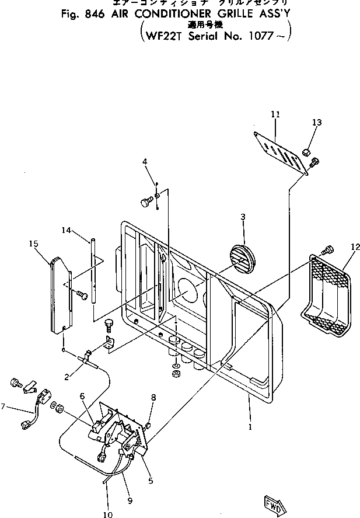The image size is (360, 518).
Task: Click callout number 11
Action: pos(275,116)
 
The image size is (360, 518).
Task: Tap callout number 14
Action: pos(66,231)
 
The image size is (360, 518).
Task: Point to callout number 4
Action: pos(145,161)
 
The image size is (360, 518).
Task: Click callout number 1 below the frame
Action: pos(250,427)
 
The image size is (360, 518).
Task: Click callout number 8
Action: pos(153,398)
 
